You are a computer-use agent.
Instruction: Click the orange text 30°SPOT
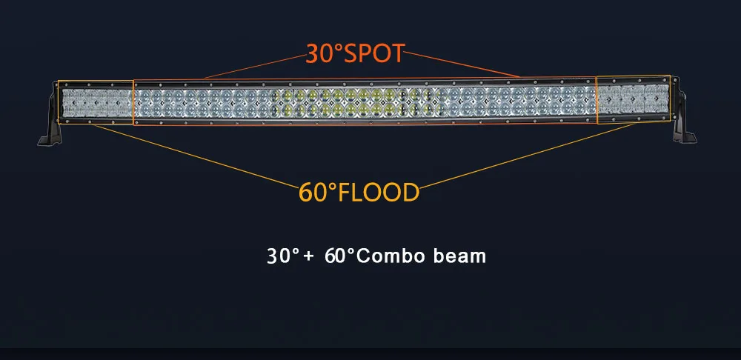click(x=355, y=53)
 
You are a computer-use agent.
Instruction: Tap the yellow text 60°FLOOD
click(x=359, y=193)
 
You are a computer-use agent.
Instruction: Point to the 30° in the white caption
click(x=283, y=256)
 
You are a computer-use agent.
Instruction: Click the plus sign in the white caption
click(x=308, y=256)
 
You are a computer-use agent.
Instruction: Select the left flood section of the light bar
click(x=96, y=102)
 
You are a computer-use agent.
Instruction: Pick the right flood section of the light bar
click(x=634, y=100)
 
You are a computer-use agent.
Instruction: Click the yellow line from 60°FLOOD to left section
click(x=196, y=156)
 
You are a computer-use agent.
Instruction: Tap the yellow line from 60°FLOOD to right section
click(x=526, y=156)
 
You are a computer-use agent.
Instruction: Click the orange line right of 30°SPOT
click(x=461, y=64)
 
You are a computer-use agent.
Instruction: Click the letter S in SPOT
click(x=350, y=54)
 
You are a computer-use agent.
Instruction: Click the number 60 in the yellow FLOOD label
click(x=313, y=193)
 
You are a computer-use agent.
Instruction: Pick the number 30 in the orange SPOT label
click(x=320, y=54)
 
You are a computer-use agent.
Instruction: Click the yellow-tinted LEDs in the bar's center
click(x=353, y=102)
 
